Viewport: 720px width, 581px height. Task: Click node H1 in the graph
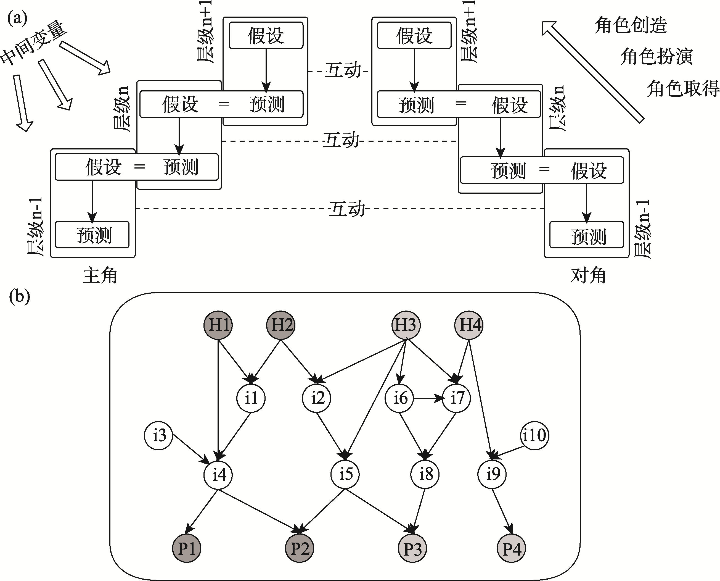coord(218,325)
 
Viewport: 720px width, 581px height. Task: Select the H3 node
coord(406,325)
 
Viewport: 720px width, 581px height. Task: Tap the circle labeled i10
coord(534,435)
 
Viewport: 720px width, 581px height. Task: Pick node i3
coord(158,435)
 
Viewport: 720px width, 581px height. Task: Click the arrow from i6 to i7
coord(428,399)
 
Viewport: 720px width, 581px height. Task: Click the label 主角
coord(100,275)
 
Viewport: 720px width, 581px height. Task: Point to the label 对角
coord(588,275)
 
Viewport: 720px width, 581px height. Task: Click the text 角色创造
coord(631,25)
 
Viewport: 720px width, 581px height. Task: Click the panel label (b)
coord(19,296)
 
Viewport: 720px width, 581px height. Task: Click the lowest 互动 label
coord(347,209)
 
